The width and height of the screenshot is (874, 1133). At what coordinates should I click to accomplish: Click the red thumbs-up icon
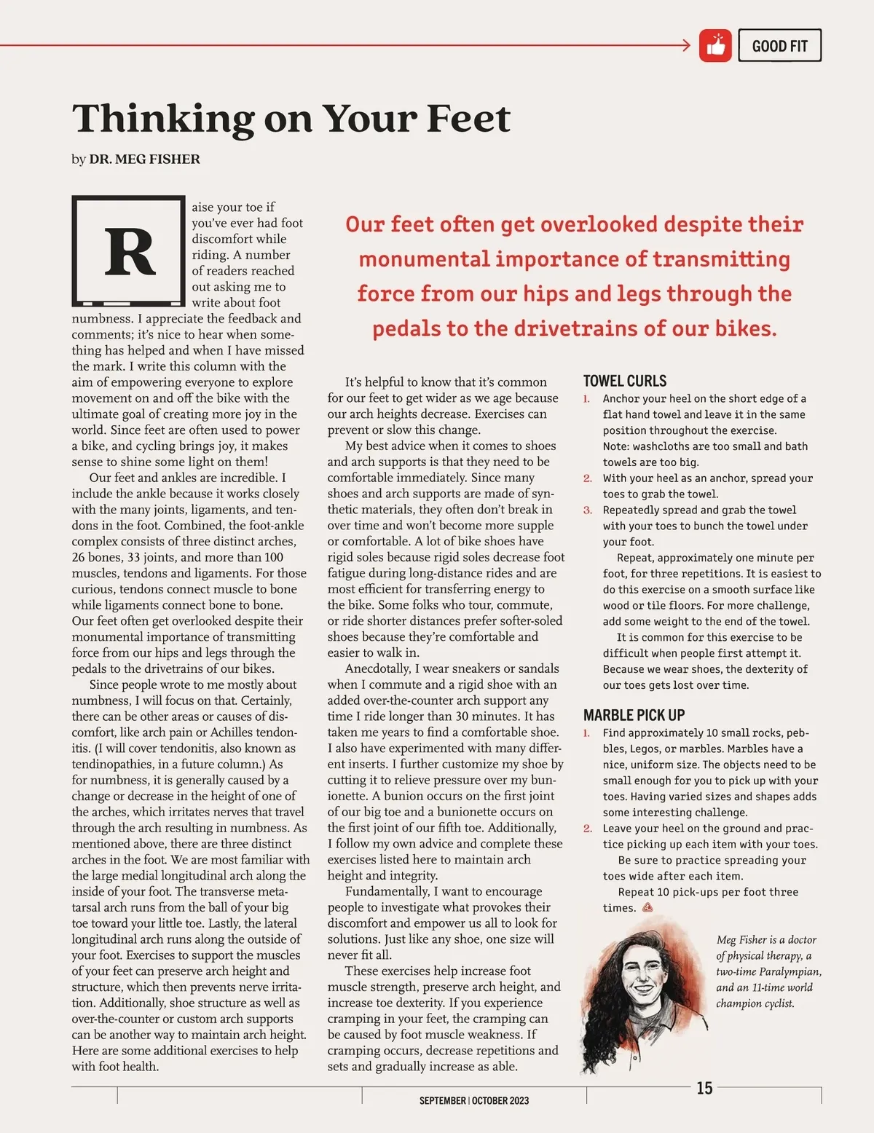[715, 46]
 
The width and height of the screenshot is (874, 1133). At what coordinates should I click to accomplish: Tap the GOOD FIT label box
[779, 46]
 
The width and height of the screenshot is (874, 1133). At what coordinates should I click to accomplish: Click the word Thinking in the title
[162, 119]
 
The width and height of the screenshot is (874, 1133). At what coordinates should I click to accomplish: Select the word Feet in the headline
[468, 119]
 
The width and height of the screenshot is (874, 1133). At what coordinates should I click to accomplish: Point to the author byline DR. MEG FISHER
[144, 159]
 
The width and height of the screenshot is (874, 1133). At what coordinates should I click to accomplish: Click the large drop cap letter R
[130, 252]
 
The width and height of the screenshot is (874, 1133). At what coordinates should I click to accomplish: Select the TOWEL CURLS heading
[625, 381]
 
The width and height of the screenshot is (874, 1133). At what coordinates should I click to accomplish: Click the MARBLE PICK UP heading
[634, 715]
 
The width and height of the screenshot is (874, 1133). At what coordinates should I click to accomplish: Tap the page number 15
[704, 1088]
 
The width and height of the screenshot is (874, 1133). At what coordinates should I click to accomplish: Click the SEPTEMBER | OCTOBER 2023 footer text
[474, 1101]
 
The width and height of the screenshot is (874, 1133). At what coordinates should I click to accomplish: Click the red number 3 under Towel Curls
[587, 510]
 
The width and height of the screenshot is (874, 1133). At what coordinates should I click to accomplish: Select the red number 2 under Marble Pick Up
[587, 829]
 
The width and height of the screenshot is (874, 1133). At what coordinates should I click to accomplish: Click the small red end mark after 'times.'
[647, 908]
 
